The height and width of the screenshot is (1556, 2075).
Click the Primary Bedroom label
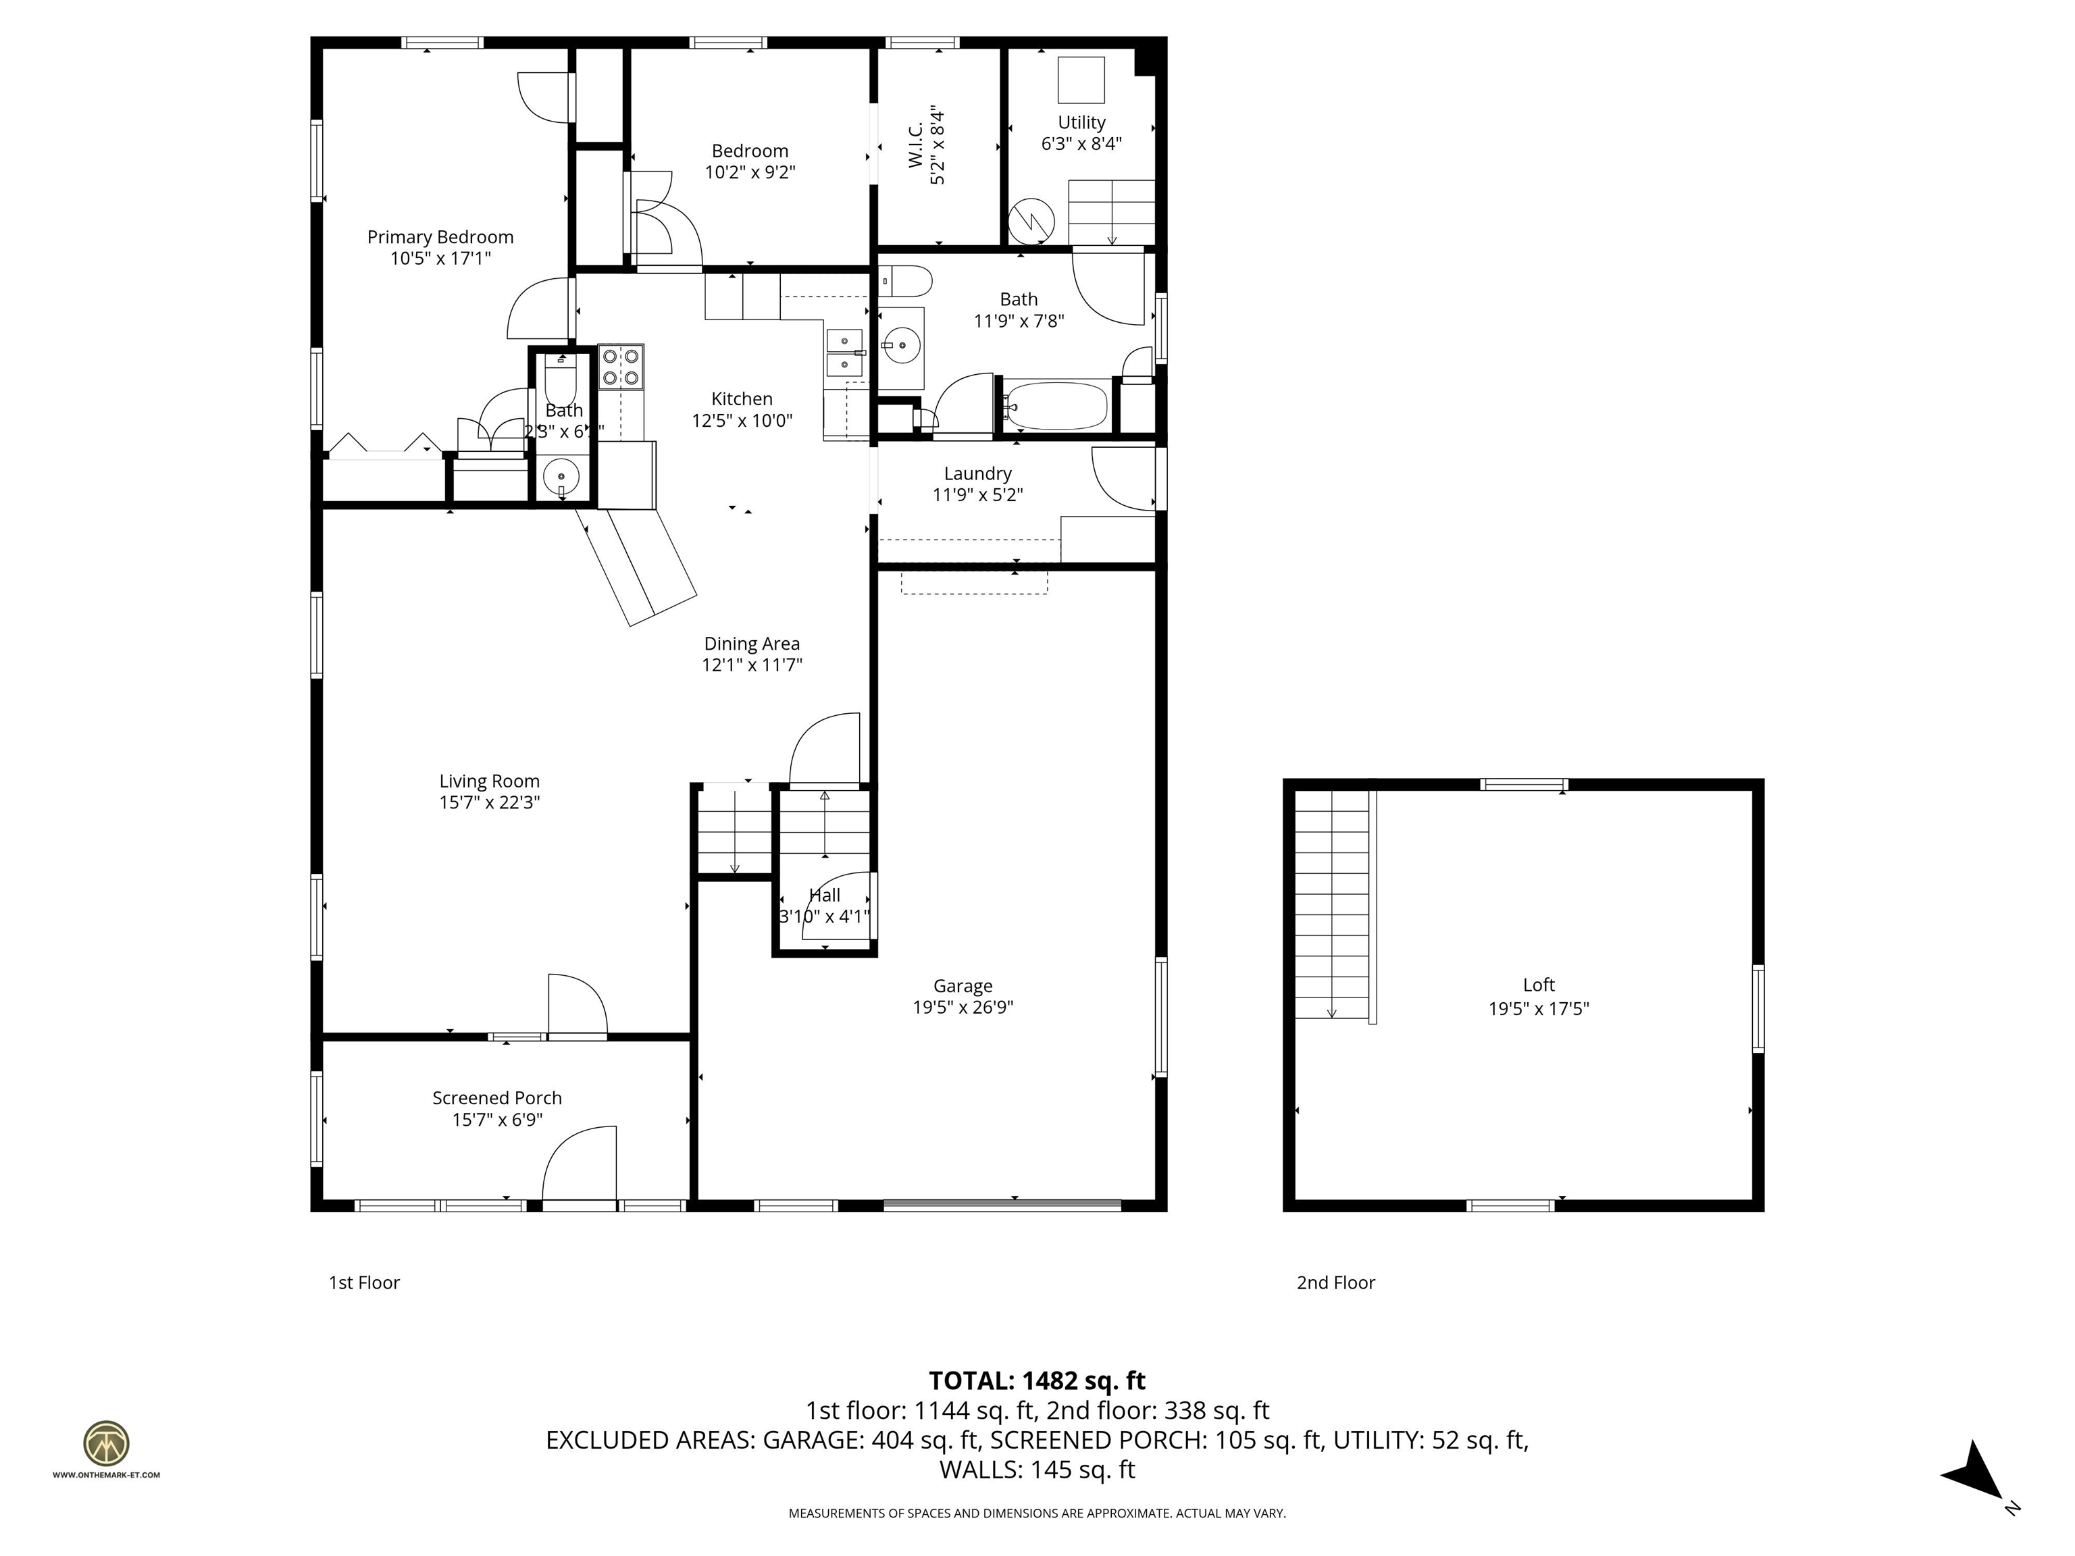click(440, 237)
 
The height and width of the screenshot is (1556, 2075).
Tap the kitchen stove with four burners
click(621, 367)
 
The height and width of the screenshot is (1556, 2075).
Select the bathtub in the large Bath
click(1056, 406)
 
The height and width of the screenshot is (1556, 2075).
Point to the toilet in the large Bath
click(906, 280)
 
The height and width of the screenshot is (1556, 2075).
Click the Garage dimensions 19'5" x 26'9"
click(963, 1008)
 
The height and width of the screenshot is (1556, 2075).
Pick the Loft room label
click(1539, 985)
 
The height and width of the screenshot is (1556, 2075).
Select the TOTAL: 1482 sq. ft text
click(1037, 1380)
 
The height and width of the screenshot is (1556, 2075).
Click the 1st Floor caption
click(364, 1282)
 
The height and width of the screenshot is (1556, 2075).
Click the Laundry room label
click(977, 473)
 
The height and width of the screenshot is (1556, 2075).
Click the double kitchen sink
click(844, 350)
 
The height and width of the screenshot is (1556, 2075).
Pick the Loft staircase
click(1332, 903)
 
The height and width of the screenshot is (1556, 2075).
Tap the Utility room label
click(1081, 123)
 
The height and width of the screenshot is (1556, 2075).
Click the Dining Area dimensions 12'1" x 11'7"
click(751, 665)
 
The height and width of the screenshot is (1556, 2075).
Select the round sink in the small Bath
click(561, 477)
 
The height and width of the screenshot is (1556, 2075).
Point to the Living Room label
click(489, 781)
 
